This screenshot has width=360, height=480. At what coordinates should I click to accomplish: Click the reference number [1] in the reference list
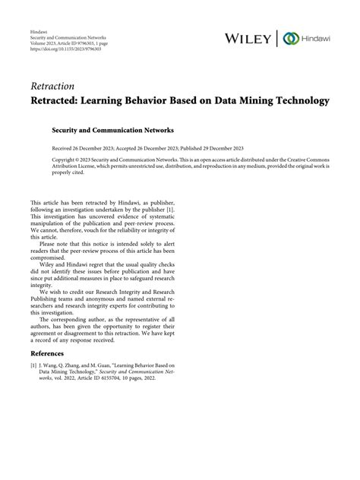coord(33,366)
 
